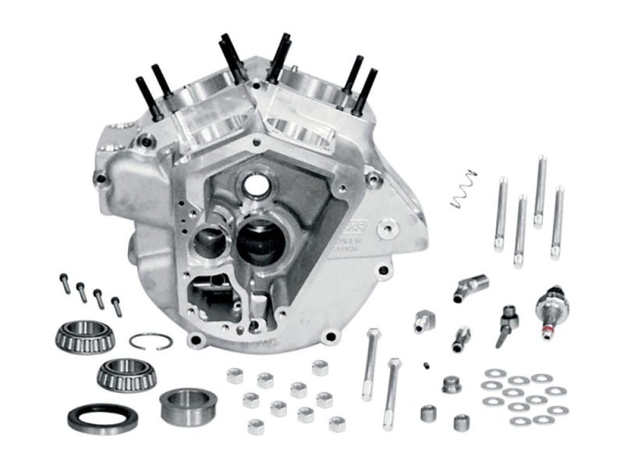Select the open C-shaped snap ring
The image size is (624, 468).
point(150,341)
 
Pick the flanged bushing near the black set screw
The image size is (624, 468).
point(451,385)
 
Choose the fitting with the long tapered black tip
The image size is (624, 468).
point(502,328)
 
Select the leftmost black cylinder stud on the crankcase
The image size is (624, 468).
point(145,97)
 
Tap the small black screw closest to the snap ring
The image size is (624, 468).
point(116,306)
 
